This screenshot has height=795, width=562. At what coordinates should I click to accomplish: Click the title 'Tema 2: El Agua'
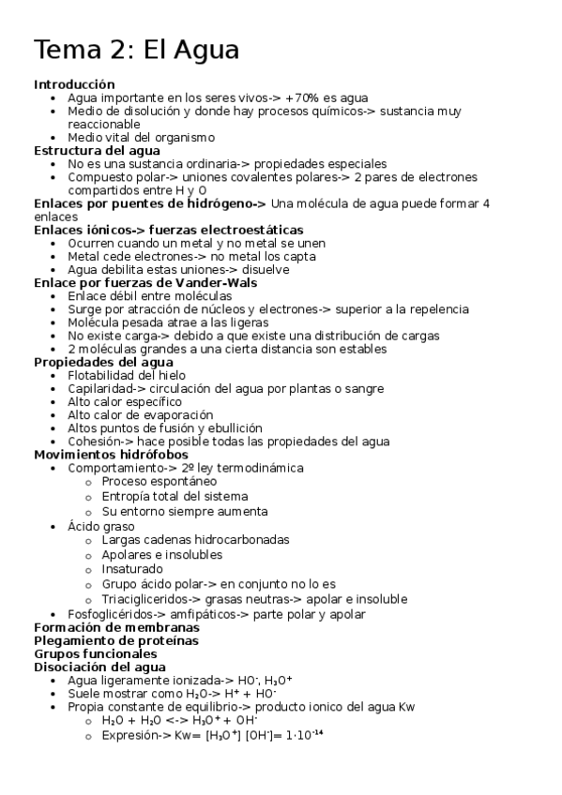coord(137,50)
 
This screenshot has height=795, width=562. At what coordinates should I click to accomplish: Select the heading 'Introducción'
coord(74,84)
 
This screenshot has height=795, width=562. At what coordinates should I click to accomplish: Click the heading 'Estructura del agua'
coord(97,150)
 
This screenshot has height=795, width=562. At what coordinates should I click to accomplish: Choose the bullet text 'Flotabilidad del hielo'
coord(126,375)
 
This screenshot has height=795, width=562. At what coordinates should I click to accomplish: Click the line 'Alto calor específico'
coord(125,401)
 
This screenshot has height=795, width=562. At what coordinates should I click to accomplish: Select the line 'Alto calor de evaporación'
coord(140,414)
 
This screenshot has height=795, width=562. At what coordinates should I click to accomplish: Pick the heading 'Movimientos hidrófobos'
coord(111,454)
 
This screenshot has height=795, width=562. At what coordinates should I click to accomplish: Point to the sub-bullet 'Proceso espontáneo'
coord(159,481)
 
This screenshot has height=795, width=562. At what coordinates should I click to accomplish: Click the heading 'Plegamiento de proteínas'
coord(115,640)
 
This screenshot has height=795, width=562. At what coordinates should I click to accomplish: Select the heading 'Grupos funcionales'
coord(95,653)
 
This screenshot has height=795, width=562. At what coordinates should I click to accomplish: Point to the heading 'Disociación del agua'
coord(99,667)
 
